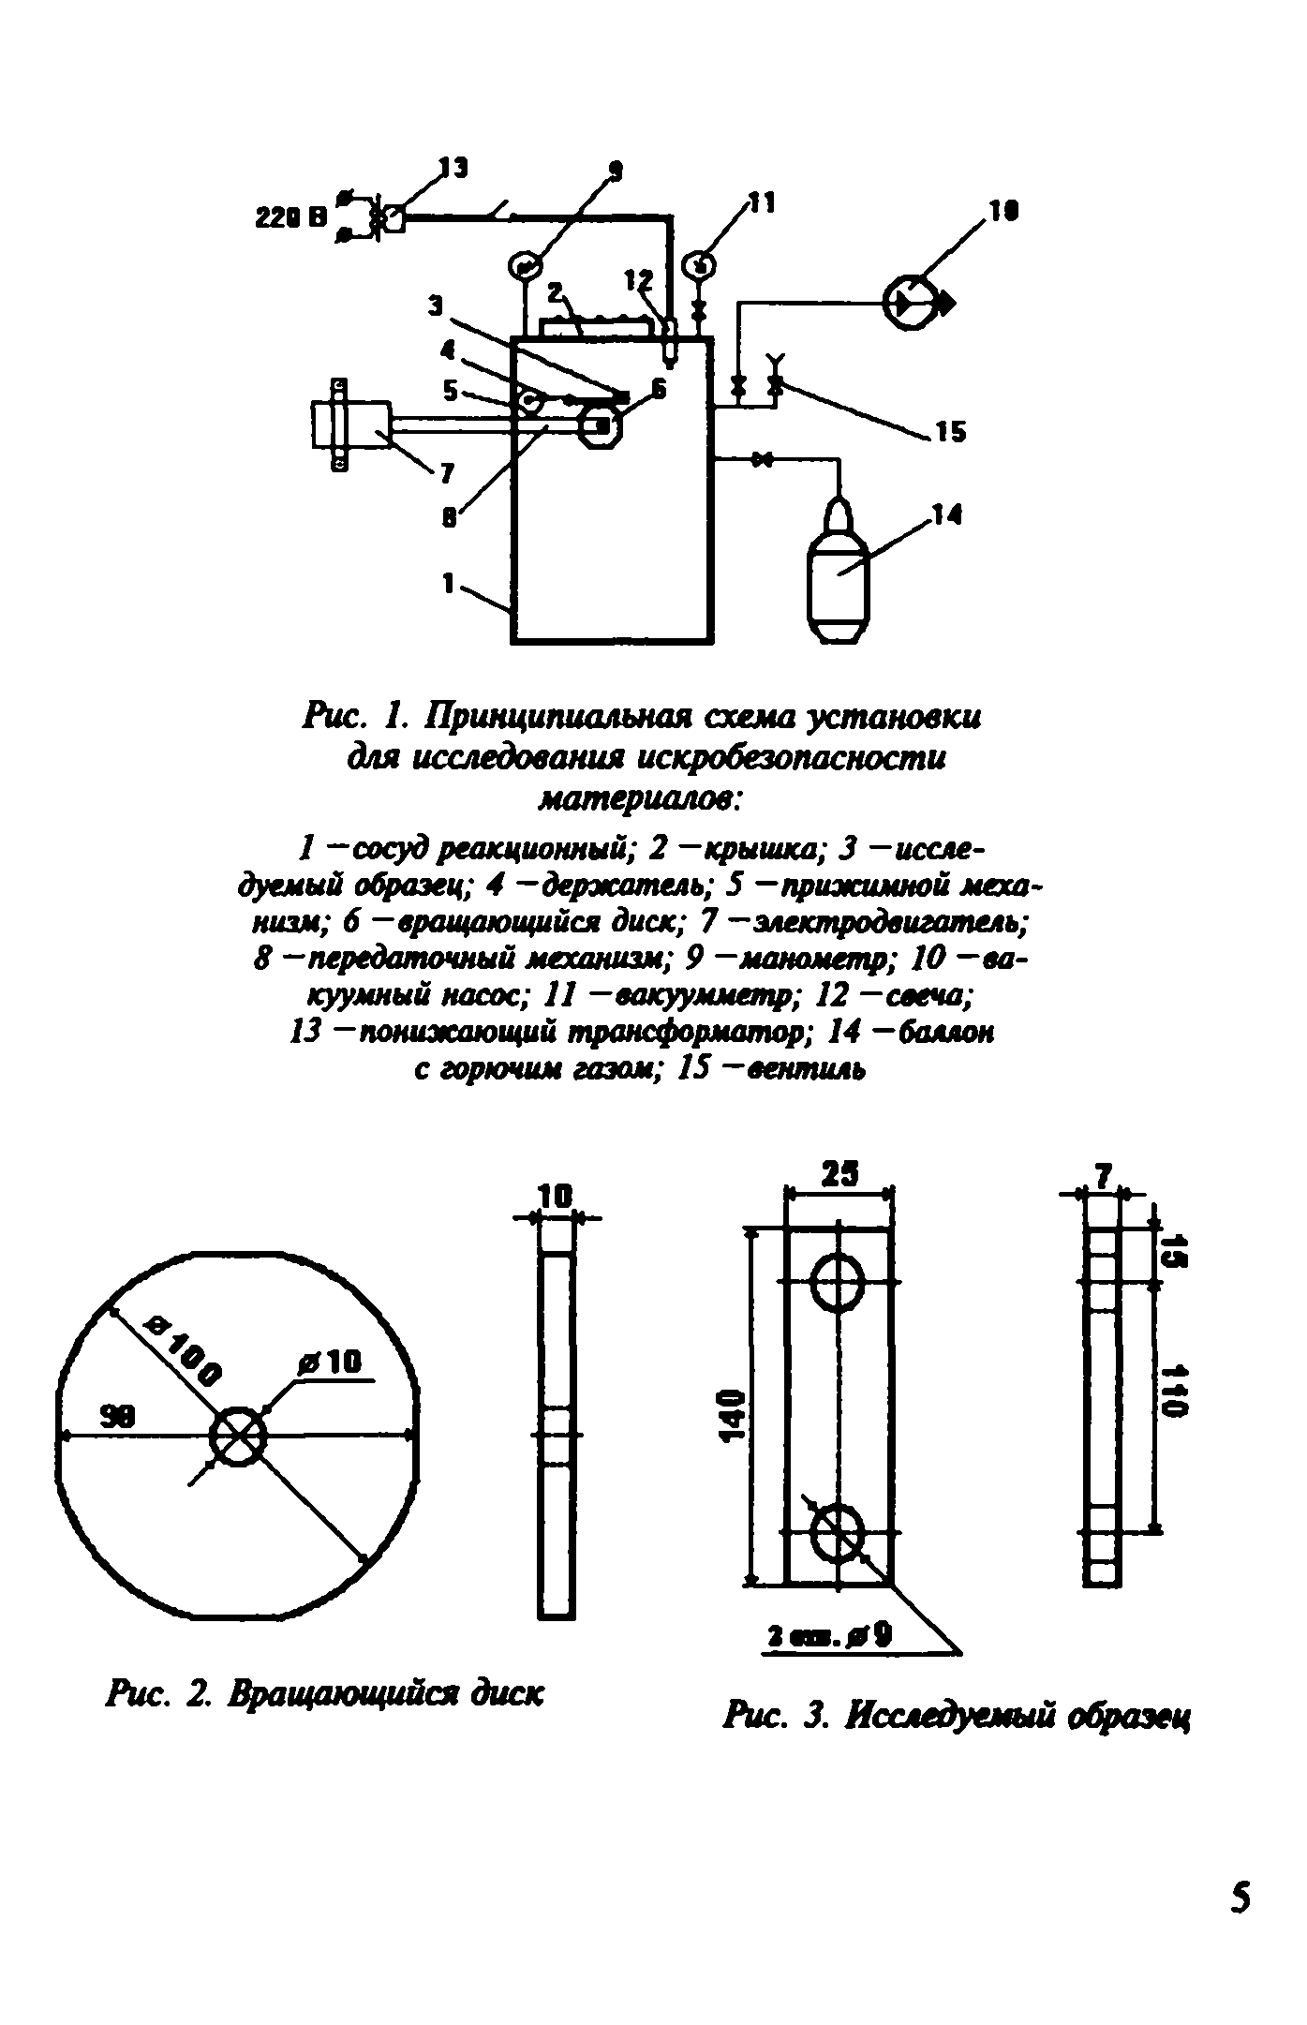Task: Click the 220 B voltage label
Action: pyautogui.click(x=291, y=218)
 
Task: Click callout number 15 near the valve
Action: pyautogui.click(x=949, y=432)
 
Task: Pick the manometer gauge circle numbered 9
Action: pyautogui.click(x=523, y=266)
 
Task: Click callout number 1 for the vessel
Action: pyautogui.click(x=449, y=583)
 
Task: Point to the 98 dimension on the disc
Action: pyautogui.click(x=117, y=1419)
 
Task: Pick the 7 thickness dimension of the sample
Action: pyautogui.click(x=1103, y=1175)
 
